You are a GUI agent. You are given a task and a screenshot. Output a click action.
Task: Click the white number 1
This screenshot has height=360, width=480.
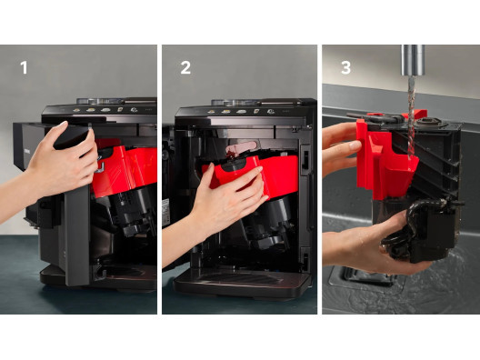click(x=24, y=67)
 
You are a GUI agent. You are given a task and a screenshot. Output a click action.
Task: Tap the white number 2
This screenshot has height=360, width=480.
click(x=185, y=67)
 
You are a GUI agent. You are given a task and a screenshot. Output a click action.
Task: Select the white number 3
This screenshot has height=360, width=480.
click(x=346, y=67)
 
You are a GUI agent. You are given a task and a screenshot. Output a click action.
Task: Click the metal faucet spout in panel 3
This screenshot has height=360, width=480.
click(x=413, y=60)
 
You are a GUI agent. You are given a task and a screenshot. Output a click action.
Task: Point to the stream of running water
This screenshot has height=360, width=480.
click(x=411, y=116)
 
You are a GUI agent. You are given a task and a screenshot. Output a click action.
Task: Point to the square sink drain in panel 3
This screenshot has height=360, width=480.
click(x=365, y=278)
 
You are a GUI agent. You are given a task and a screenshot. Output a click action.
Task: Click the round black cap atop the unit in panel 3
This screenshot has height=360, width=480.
click(x=428, y=123)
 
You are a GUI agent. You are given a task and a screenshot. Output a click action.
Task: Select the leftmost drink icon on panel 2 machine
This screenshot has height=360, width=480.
click(x=211, y=112)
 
